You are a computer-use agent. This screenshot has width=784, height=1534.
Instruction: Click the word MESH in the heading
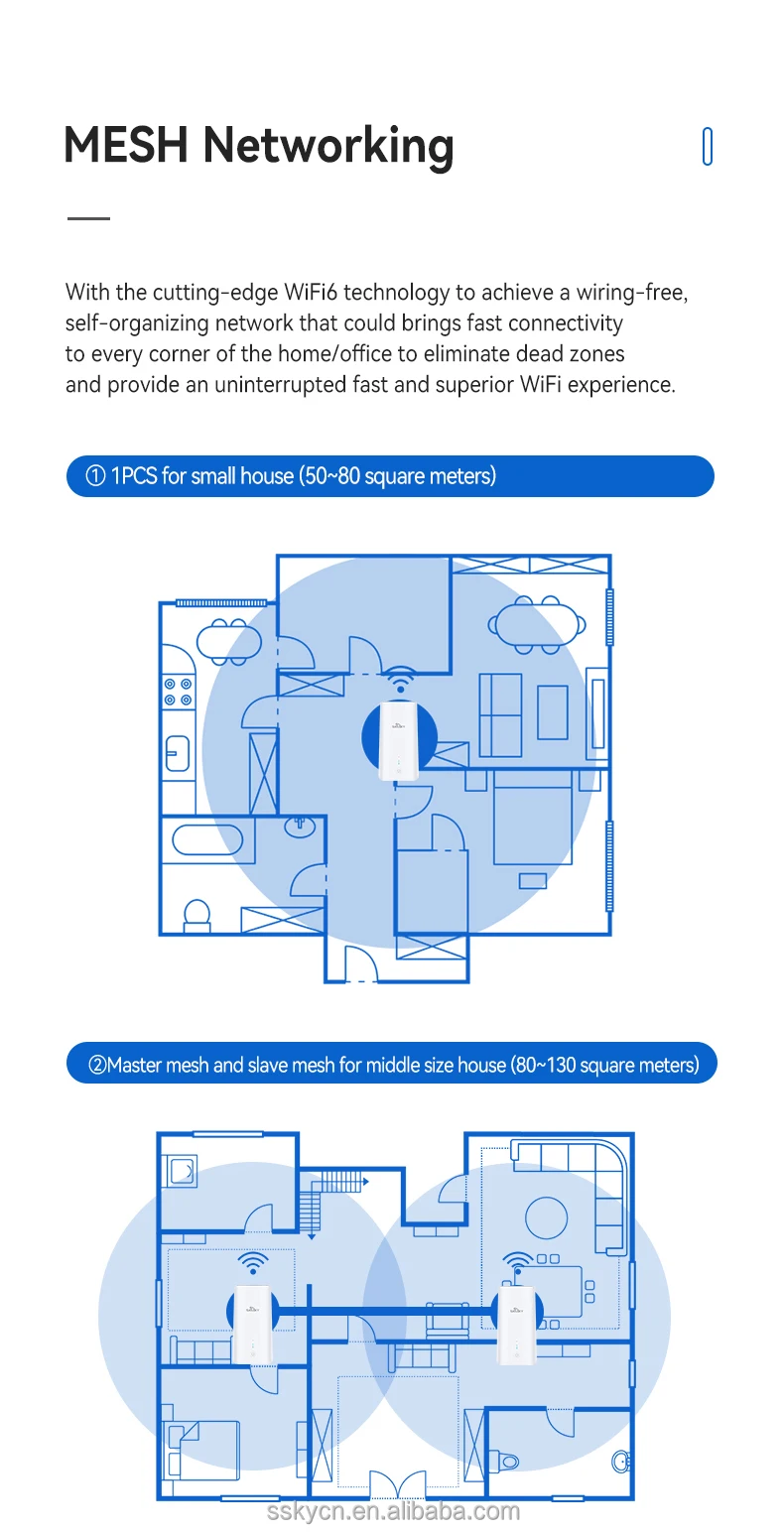click(x=126, y=145)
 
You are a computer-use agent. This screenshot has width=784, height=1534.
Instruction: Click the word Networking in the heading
click(x=328, y=147)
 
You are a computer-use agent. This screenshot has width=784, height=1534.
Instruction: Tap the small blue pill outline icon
click(x=708, y=147)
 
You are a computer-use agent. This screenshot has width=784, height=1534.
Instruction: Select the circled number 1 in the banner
click(x=96, y=476)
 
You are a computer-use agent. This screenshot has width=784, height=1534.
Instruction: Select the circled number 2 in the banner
click(x=97, y=1066)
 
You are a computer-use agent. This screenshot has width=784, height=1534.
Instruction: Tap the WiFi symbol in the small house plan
click(x=401, y=681)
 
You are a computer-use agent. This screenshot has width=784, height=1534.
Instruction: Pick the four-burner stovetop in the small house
click(x=178, y=692)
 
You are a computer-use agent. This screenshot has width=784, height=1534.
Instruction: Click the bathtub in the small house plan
click(x=207, y=839)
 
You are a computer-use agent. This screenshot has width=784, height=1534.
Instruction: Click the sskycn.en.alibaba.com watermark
click(x=393, y=1511)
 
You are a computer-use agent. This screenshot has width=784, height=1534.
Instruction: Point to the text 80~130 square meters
click(x=603, y=1066)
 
